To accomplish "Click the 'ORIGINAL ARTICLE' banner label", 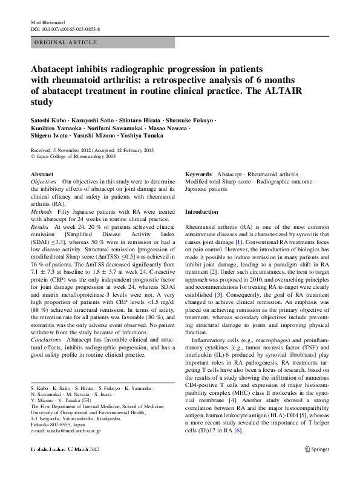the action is click(66, 42).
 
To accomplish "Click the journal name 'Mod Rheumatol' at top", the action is click(47, 22).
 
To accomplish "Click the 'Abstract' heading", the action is click(42, 174).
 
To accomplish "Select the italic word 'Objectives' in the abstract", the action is click(43, 182).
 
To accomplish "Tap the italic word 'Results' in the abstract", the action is click(39, 226).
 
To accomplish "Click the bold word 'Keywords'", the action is click(198, 174).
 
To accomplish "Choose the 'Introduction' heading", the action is click(201, 213).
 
